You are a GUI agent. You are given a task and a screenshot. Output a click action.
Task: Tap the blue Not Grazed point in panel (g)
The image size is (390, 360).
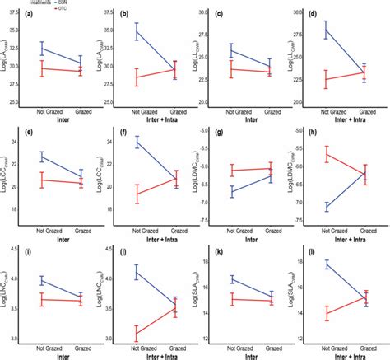coord(231,191)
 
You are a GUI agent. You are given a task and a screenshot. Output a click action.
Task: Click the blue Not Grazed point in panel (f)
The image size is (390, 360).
coord(136,142)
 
